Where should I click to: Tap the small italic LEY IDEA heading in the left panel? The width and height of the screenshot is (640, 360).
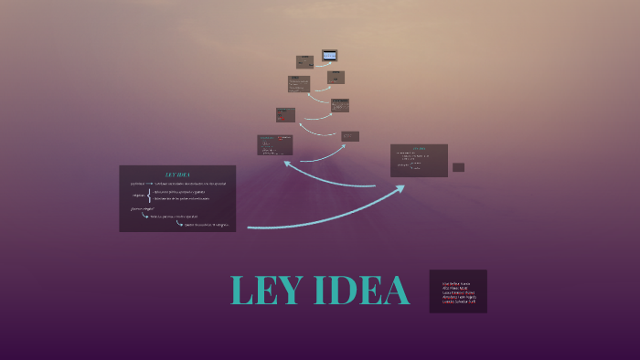tap(176, 174)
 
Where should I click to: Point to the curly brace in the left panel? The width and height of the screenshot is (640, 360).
tap(149, 196)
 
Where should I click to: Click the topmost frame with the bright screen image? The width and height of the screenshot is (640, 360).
tap(329, 55)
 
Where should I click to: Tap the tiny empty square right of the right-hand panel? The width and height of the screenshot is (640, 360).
tap(458, 167)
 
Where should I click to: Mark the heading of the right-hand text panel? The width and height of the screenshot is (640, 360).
tap(420, 148)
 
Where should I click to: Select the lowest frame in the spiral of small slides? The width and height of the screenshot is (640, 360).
tap(274, 144)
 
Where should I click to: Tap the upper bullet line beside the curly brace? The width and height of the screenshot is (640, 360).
tap(180, 192)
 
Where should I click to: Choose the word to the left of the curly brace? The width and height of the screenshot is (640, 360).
tap(138, 196)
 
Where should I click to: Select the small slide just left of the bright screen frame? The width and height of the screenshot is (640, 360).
tap(304, 62)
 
